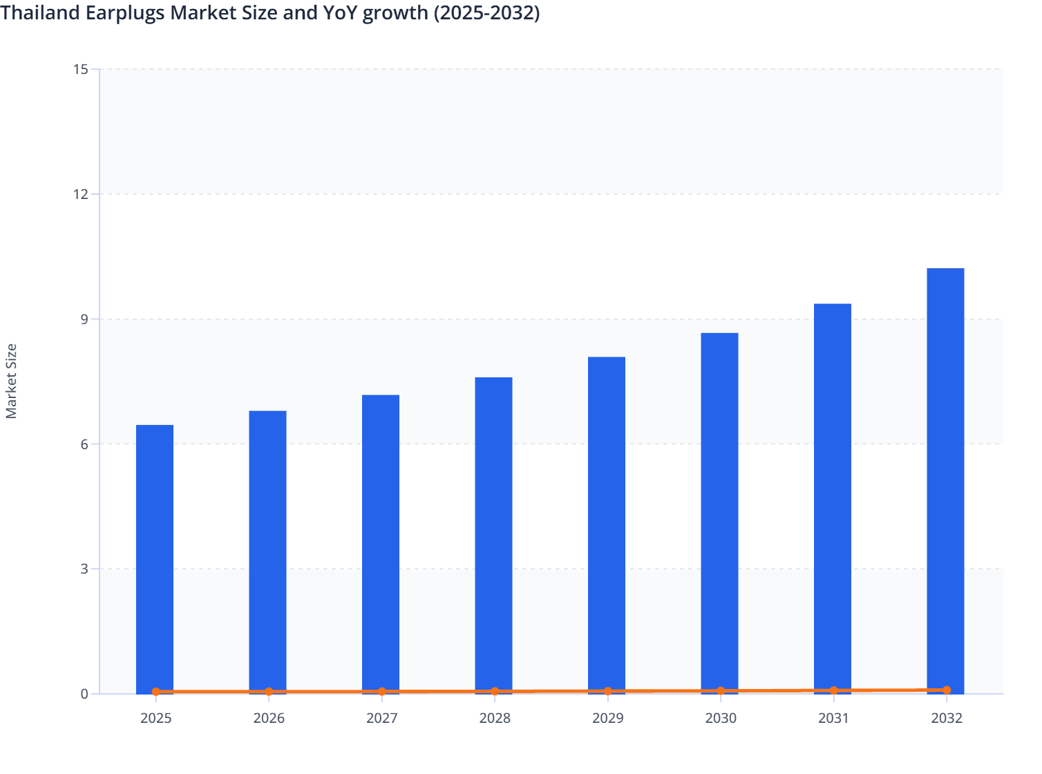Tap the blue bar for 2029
(607, 525)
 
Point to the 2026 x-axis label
(269, 718)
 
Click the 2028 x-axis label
(495, 718)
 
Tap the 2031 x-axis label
(833, 718)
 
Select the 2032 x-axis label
(947, 718)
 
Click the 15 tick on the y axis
(81, 69)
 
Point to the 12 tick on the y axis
(81, 194)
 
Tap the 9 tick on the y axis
(84, 319)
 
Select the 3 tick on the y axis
(84, 569)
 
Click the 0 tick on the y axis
(84, 694)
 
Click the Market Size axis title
(11, 381)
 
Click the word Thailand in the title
(40, 12)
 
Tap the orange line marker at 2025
(156, 692)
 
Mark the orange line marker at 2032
(947, 690)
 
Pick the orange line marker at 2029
(608, 691)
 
